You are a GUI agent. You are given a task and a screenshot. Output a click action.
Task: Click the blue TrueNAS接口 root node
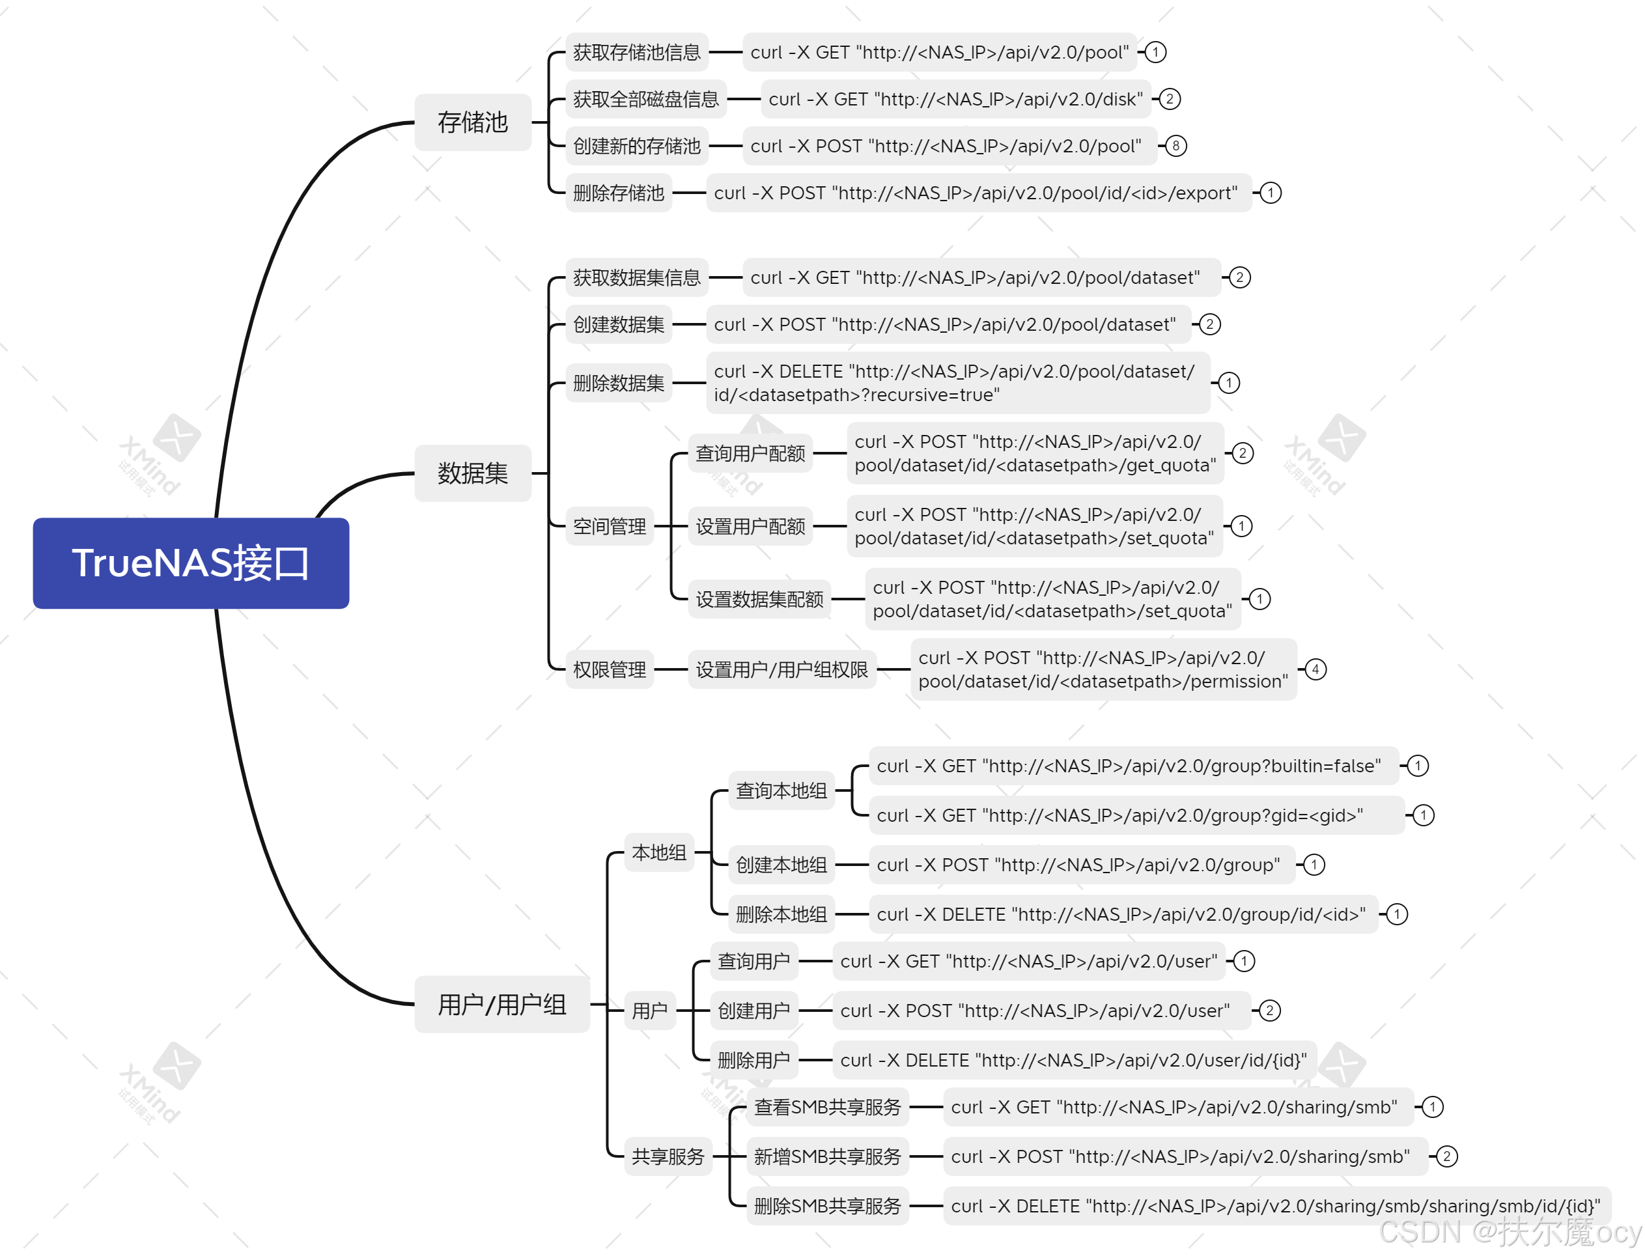(190, 563)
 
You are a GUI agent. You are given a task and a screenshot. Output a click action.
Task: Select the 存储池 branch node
(472, 122)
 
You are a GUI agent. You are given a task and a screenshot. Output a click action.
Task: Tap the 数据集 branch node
(472, 473)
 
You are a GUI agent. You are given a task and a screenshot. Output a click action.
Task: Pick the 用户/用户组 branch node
(501, 1004)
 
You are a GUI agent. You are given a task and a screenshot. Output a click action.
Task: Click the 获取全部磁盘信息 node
(645, 99)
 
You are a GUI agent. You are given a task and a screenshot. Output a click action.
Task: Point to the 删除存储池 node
(619, 193)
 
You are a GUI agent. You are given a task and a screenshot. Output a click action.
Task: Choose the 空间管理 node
(609, 526)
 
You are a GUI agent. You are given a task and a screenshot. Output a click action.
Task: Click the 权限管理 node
(609, 669)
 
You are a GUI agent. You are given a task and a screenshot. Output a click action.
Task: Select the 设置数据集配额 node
(759, 599)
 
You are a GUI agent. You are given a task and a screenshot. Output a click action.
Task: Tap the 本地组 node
(659, 852)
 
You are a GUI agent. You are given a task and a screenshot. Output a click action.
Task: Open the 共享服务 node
(668, 1156)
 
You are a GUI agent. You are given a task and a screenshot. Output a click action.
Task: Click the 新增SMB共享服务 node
(827, 1156)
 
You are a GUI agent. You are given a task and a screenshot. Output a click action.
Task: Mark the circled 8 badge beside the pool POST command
(1175, 146)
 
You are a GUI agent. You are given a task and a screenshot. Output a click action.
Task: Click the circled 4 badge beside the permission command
(1315, 669)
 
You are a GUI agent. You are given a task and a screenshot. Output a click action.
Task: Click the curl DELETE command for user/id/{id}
(1074, 1060)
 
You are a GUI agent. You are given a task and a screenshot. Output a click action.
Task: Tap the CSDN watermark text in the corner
(1509, 1232)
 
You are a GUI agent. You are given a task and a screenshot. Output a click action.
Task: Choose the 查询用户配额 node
(750, 453)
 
